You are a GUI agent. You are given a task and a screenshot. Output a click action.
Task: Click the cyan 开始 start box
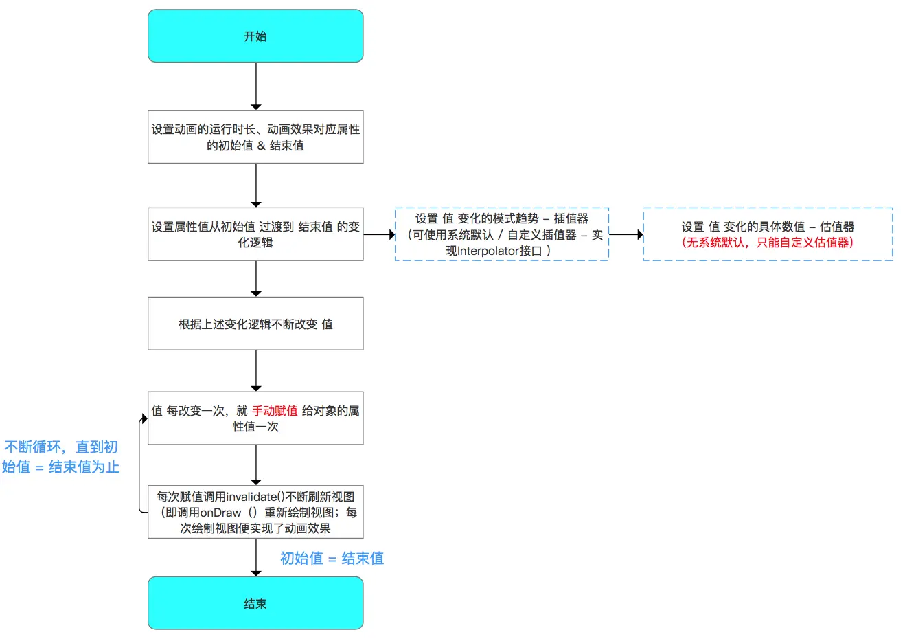click(255, 36)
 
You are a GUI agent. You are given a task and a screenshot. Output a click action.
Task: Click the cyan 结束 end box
click(255, 603)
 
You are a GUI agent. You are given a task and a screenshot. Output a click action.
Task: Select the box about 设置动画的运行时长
click(255, 137)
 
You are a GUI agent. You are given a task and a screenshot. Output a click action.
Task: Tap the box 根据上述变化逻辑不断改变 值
click(255, 324)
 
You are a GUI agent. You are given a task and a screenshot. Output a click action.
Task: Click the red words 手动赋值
click(275, 411)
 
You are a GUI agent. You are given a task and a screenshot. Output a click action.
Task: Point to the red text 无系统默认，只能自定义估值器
click(768, 243)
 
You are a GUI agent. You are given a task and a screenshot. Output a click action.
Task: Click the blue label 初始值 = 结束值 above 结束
click(332, 559)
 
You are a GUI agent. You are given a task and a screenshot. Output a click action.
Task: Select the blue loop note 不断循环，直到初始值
click(61, 457)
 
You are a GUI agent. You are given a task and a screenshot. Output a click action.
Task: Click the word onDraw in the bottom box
click(220, 513)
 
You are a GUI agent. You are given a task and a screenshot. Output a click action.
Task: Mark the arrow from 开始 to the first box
click(256, 86)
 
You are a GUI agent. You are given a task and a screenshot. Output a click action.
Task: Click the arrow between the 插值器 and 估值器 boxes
click(626, 234)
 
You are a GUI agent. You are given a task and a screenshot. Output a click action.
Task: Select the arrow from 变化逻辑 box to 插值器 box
click(379, 234)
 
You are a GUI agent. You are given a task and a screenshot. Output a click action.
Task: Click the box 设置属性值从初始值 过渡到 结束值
click(255, 234)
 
